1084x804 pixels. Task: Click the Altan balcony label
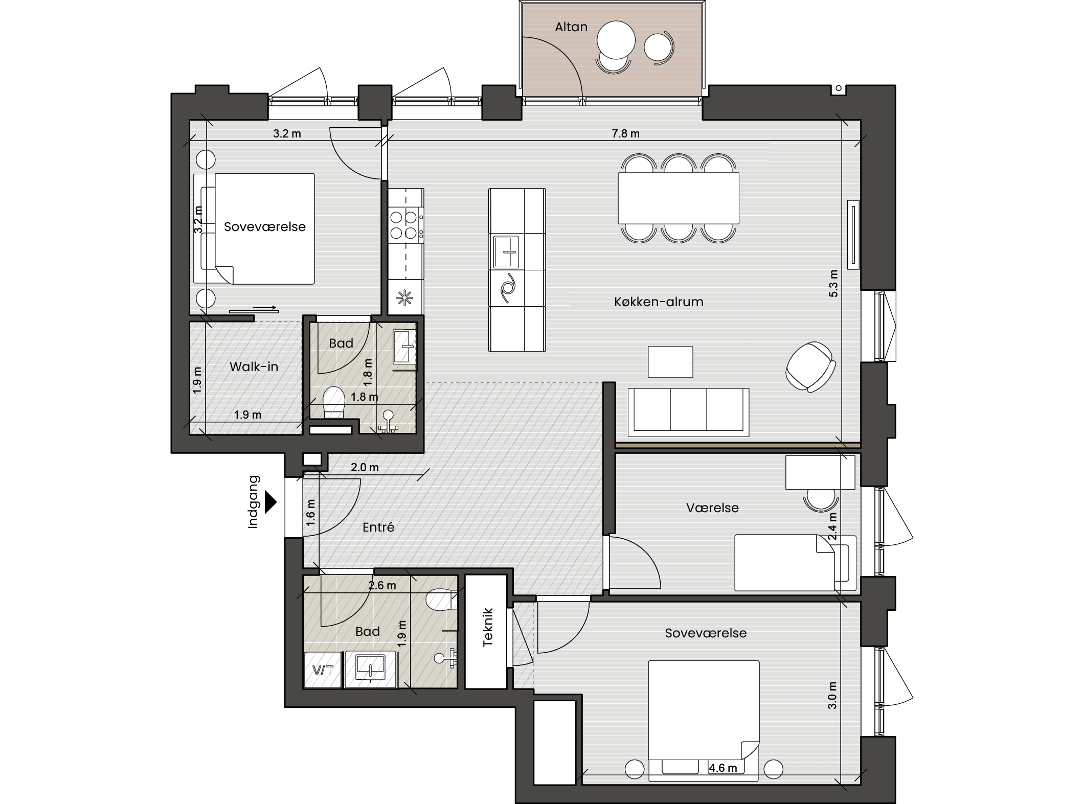point(571,27)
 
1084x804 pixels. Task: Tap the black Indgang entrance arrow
point(270,502)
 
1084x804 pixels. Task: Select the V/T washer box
point(323,670)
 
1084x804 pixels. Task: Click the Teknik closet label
point(487,627)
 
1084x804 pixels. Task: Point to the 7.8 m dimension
point(625,134)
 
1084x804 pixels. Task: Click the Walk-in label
point(254,366)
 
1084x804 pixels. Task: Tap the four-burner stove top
point(404,225)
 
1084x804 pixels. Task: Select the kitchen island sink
point(506,251)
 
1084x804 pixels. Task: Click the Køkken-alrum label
point(659,302)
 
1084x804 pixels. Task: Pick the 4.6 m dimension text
point(723,768)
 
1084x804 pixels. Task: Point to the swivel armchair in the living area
point(810,366)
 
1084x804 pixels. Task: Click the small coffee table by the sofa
point(670,362)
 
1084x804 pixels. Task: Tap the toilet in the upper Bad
point(334,402)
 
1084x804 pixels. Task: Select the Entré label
point(378,527)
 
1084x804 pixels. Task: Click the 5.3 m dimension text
point(833,283)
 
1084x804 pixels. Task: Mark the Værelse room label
point(712,508)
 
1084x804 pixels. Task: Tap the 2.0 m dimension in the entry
point(365,468)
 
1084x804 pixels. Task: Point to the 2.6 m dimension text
point(382,586)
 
